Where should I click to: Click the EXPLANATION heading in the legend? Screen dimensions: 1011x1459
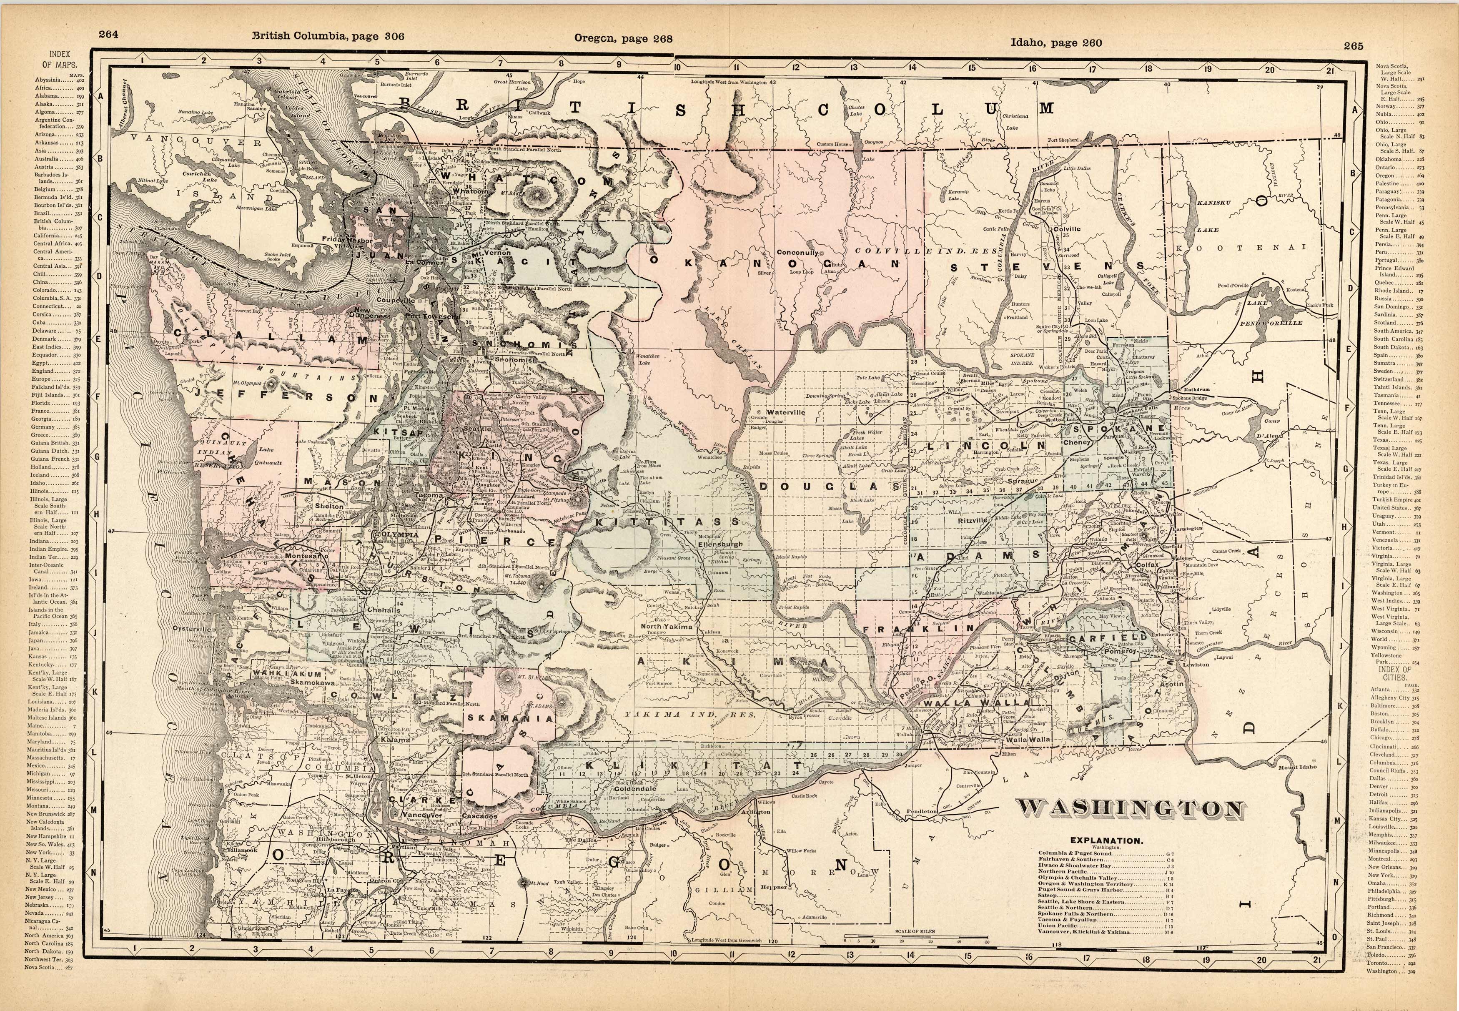point(1106,841)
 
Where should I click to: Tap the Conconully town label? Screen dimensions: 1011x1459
point(797,253)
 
